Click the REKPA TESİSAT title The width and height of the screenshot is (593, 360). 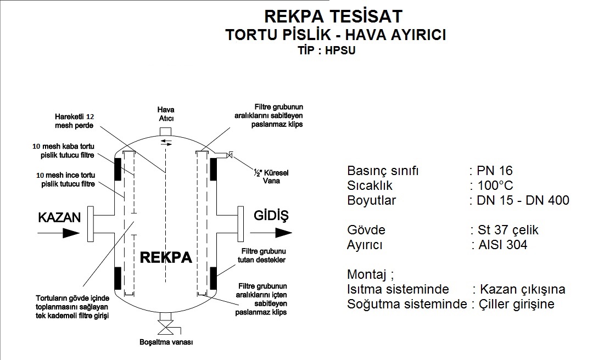[333, 15]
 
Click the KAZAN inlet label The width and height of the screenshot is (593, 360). [59, 217]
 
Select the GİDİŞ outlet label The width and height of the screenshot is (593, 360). [271, 215]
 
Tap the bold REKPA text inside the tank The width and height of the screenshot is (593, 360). [166, 257]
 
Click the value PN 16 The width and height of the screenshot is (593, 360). [495, 171]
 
